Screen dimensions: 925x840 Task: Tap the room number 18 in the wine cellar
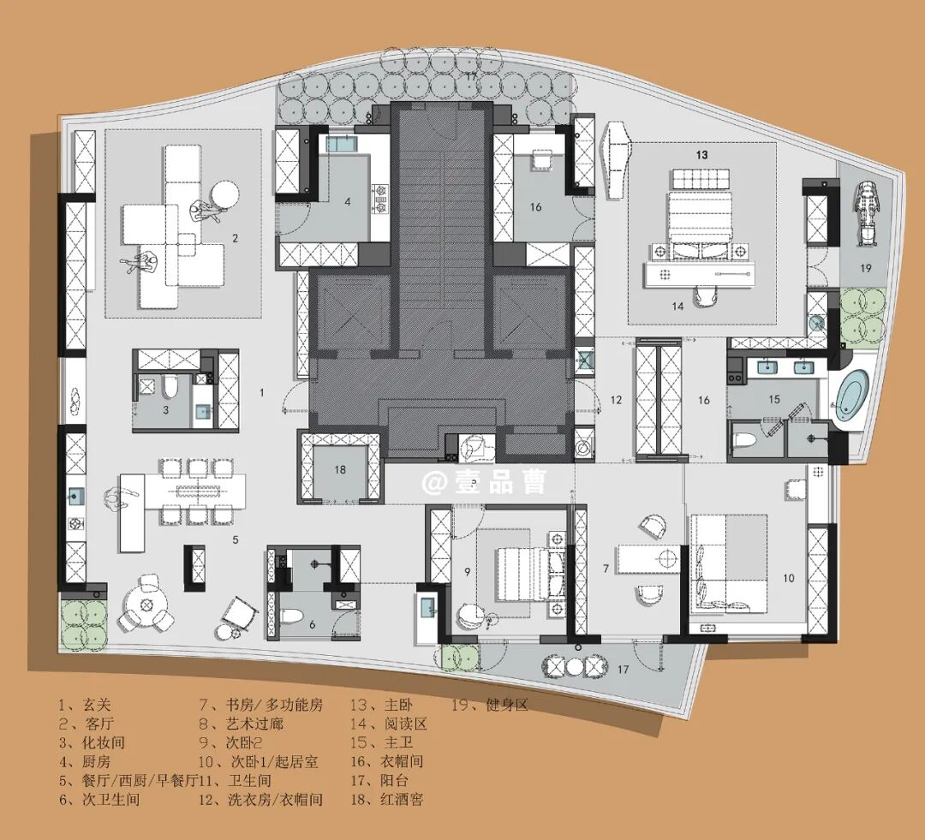click(x=340, y=470)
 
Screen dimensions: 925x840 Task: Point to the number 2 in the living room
click(x=236, y=238)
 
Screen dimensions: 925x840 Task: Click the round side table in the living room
click(x=224, y=194)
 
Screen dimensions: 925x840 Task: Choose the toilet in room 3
click(x=170, y=388)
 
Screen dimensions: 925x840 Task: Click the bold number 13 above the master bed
click(x=701, y=155)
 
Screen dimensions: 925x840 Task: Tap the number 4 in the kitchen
click(x=348, y=202)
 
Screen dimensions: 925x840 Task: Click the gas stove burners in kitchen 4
click(x=380, y=199)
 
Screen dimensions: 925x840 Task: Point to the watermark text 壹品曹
click(x=500, y=483)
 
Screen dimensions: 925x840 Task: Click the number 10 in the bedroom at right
click(x=789, y=579)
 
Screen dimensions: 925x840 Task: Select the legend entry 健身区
click(x=490, y=705)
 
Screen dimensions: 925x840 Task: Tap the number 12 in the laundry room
click(x=617, y=400)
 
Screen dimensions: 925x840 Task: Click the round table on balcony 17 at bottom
click(x=575, y=666)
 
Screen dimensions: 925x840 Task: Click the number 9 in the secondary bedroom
click(x=468, y=571)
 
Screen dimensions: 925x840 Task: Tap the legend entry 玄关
click(x=84, y=705)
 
